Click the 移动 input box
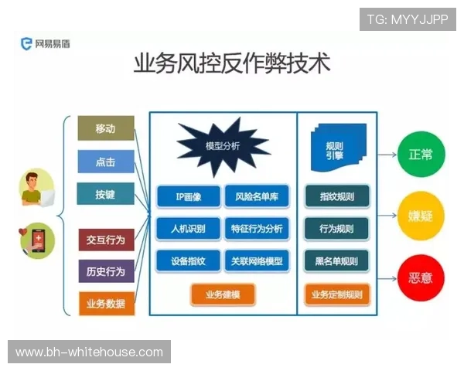tap(106, 128)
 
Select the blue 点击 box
tap(106, 162)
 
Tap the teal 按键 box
tap(106, 196)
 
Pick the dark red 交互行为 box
tap(106, 240)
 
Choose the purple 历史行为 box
tap(106, 271)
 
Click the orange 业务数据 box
tap(106, 304)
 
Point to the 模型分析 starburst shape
tap(223, 145)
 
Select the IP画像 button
tap(188, 197)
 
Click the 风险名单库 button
tap(257, 197)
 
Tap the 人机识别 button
tap(188, 230)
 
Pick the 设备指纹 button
tap(188, 261)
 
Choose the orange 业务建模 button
tap(223, 294)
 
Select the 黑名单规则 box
tap(336, 261)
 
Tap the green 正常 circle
tap(421, 155)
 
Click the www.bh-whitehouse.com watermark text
tap(90, 352)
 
